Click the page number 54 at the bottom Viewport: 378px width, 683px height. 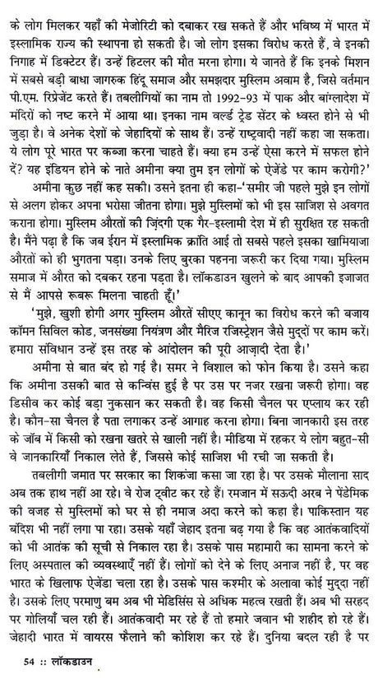pyautogui.click(x=31, y=663)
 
